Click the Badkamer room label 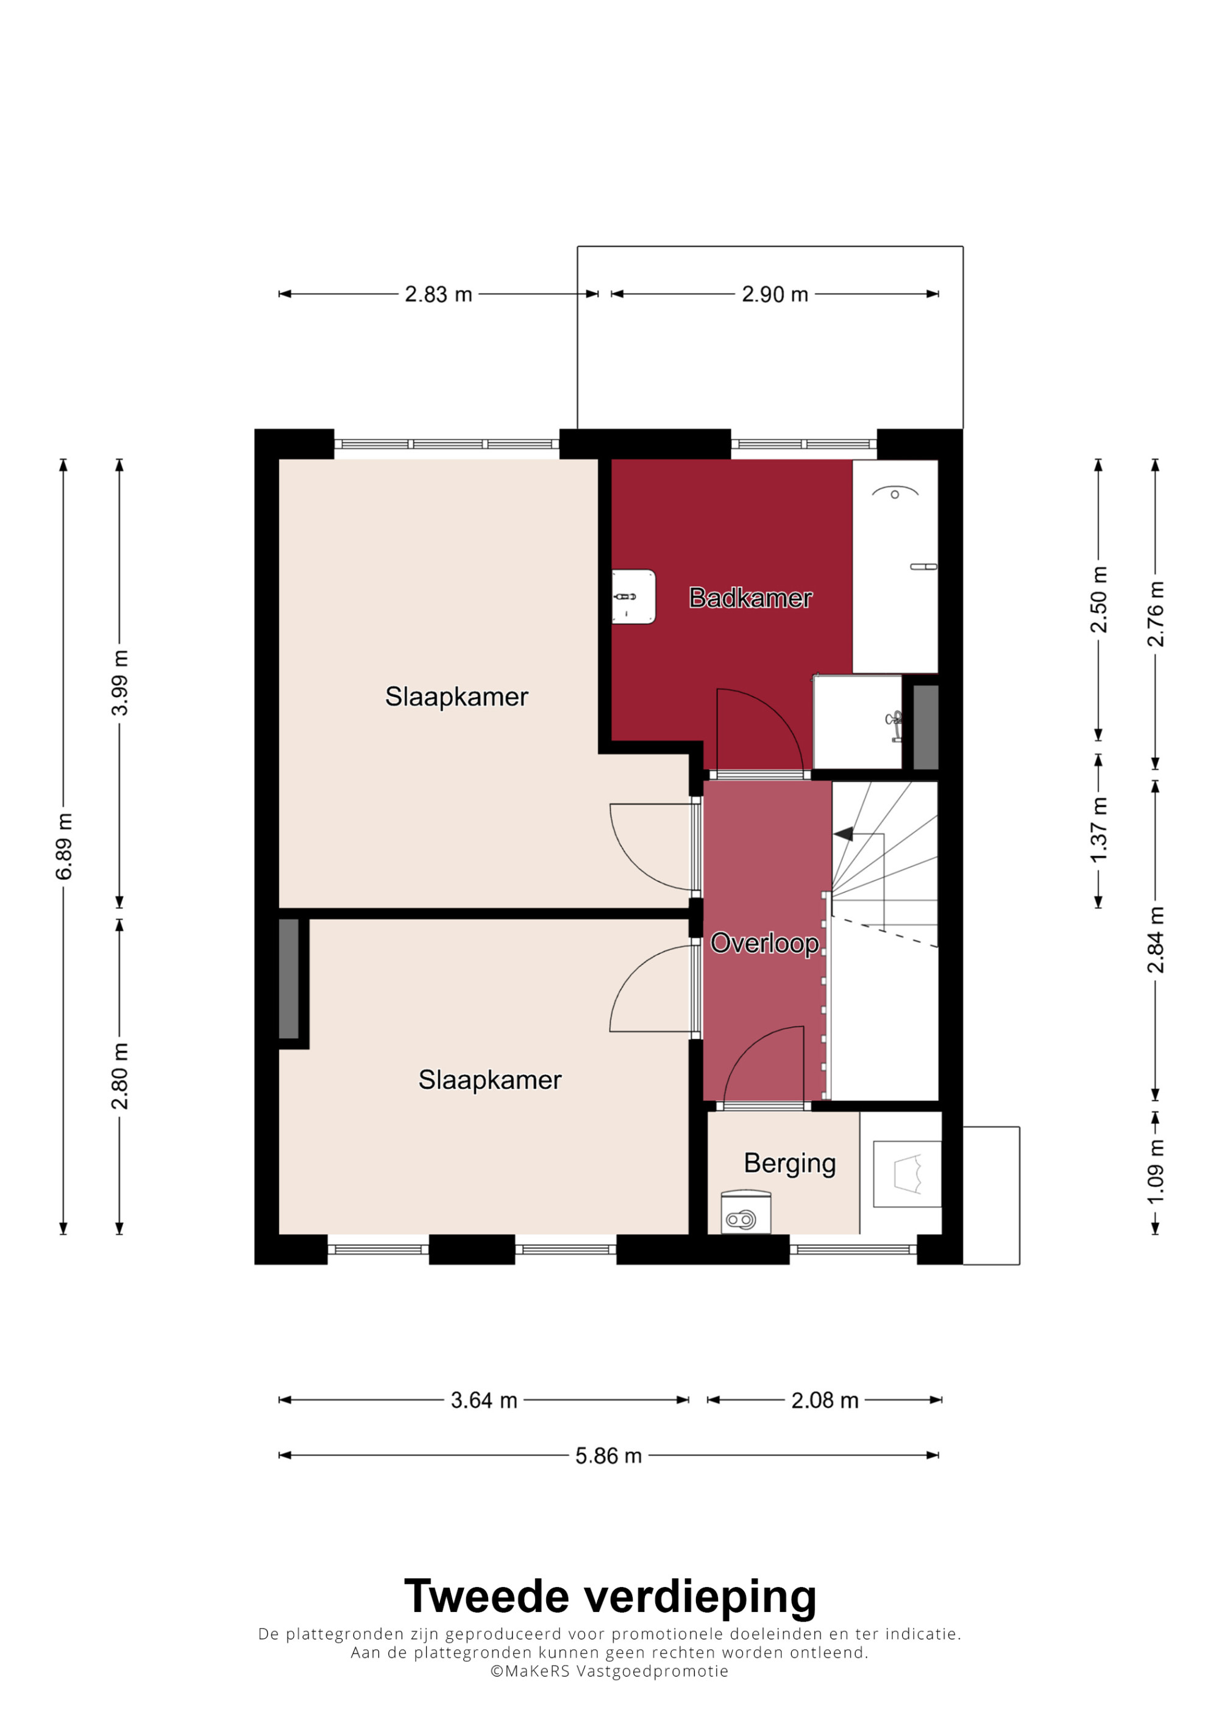pyautogui.click(x=750, y=598)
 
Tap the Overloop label pyautogui.click(x=764, y=943)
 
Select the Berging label pyautogui.click(x=789, y=1163)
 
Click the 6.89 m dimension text pyautogui.click(x=64, y=846)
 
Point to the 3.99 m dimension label pyautogui.click(x=119, y=682)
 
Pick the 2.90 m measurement pyautogui.click(x=774, y=294)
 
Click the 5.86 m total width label pyautogui.click(x=608, y=1456)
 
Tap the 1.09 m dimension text pyautogui.click(x=1155, y=1171)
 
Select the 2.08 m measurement pyautogui.click(x=825, y=1401)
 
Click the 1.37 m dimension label pyautogui.click(x=1098, y=830)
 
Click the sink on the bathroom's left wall pyautogui.click(x=633, y=596)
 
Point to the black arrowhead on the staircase pyautogui.click(x=843, y=833)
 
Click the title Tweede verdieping pyautogui.click(x=610, y=1596)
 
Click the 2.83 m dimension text pyautogui.click(x=439, y=294)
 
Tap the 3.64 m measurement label pyautogui.click(x=484, y=1401)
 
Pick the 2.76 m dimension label pyautogui.click(x=1155, y=613)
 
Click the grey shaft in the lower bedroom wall pyautogui.click(x=288, y=978)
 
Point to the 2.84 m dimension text pyautogui.click(x=1155, y=939)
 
